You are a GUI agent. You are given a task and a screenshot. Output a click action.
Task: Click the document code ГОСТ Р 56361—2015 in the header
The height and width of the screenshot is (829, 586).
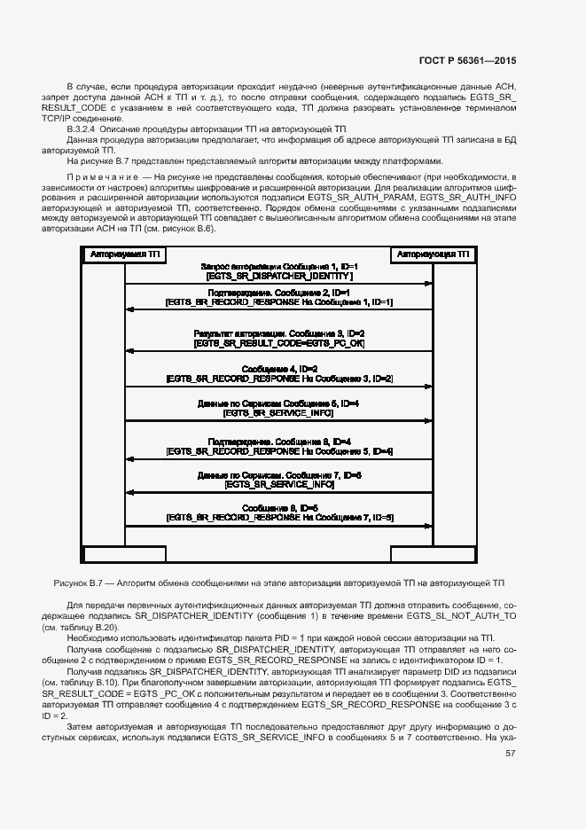467,61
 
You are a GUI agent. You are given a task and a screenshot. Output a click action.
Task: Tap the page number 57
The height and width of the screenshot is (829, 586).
510,754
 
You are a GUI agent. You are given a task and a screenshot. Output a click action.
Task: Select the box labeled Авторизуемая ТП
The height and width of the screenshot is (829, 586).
124,254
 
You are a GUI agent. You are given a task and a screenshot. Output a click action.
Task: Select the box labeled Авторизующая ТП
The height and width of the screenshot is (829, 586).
433,254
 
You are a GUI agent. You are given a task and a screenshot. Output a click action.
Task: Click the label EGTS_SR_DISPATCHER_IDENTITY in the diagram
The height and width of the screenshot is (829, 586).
278,277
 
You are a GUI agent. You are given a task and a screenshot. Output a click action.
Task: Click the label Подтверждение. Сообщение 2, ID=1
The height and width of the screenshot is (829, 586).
278,292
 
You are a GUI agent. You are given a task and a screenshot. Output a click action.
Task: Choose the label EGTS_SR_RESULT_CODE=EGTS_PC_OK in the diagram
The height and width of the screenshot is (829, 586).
278,342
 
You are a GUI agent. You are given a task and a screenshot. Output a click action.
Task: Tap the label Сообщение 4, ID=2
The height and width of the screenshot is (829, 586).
278,368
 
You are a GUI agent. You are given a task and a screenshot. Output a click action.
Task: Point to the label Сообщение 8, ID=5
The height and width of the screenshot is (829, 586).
278,507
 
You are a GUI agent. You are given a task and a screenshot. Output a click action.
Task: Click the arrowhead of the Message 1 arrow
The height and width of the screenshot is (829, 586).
428,284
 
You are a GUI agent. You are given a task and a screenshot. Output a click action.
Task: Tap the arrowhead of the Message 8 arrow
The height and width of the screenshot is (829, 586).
129,528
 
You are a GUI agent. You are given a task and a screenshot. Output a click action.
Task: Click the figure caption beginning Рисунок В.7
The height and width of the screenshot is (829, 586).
278,583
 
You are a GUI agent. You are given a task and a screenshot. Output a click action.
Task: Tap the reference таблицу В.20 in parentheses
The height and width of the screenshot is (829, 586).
90,627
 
